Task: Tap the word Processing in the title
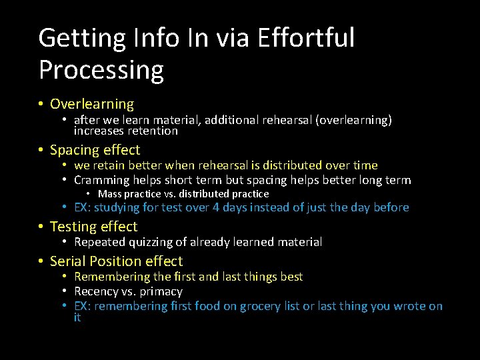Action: (101, 69)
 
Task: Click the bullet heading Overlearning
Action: (92, 104)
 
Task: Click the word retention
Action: (151, 131)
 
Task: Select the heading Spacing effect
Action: (95, 150)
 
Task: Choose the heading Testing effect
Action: (93, 227)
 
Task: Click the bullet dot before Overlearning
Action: (41, 104)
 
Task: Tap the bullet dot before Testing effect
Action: (41, 227)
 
